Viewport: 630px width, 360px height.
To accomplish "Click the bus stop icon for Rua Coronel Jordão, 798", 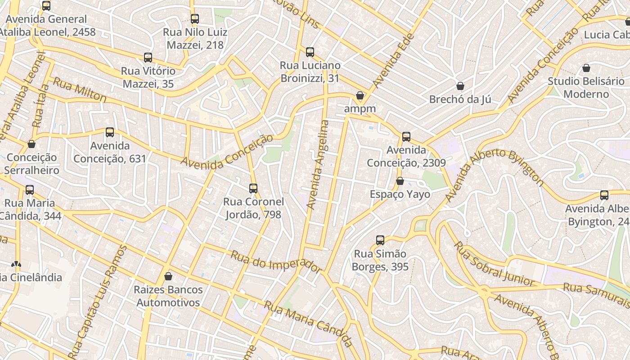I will (x=253, y=188).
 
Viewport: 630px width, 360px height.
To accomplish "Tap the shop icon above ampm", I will (x=360, y=95).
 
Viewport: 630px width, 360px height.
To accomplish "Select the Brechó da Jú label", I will (x=460, y=99).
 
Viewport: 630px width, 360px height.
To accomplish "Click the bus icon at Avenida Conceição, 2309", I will (x=406, y=136).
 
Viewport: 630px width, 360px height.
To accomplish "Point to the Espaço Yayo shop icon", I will (x=400, y=181).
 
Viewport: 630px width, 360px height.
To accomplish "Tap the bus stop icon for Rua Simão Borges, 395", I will (x=380, y=240).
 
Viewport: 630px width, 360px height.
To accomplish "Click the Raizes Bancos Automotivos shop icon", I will (x=168, y=276).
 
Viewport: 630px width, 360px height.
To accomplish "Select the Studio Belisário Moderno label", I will (x=586, y=88).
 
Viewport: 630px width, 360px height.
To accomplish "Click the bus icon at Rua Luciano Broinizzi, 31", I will (x=310, y=52).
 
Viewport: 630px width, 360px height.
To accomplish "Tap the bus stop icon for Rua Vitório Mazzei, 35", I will (x=148, y=58).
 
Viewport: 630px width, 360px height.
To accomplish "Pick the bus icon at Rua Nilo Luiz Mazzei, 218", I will (x=195, y=19).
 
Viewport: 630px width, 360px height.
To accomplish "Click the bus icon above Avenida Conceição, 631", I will (x=110, y=132).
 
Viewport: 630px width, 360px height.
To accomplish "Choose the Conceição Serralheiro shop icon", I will (x=31, y=144).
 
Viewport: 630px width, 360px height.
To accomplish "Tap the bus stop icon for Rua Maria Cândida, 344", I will (x=30, y=190).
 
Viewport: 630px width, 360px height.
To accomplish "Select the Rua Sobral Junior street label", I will (x=494, y=265).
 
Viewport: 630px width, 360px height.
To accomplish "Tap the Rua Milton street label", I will (x=80, y=90).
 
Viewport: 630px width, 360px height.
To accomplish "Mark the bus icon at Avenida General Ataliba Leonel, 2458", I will (x=46, y=6).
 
